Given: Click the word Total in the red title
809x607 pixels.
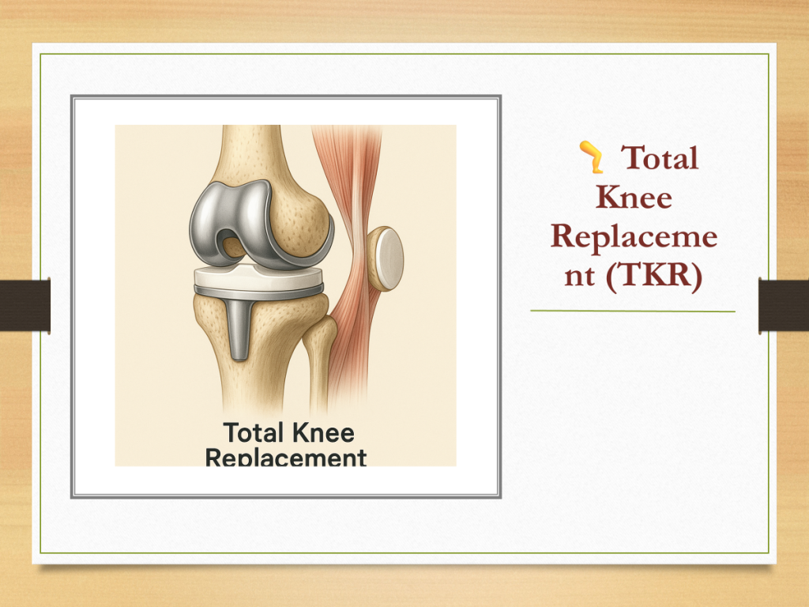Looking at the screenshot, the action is pos(660,157).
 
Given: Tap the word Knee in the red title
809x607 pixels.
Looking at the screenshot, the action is pos(634,197).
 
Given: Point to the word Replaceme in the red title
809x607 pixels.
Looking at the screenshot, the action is pos(634,237).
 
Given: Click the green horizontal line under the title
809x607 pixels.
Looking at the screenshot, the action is pos(633,311).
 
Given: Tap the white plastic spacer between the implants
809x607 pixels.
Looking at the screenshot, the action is pos(258,277).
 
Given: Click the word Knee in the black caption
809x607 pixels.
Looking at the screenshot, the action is pos(323,432).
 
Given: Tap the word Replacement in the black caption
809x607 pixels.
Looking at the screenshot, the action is pos(286,458).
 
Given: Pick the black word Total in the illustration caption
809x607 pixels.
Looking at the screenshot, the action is pos(254,432).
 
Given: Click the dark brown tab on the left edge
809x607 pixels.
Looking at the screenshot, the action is pos(25,305).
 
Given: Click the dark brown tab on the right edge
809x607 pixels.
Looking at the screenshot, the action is pos(783,305).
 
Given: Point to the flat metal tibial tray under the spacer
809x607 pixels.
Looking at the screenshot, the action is pos(258,294).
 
